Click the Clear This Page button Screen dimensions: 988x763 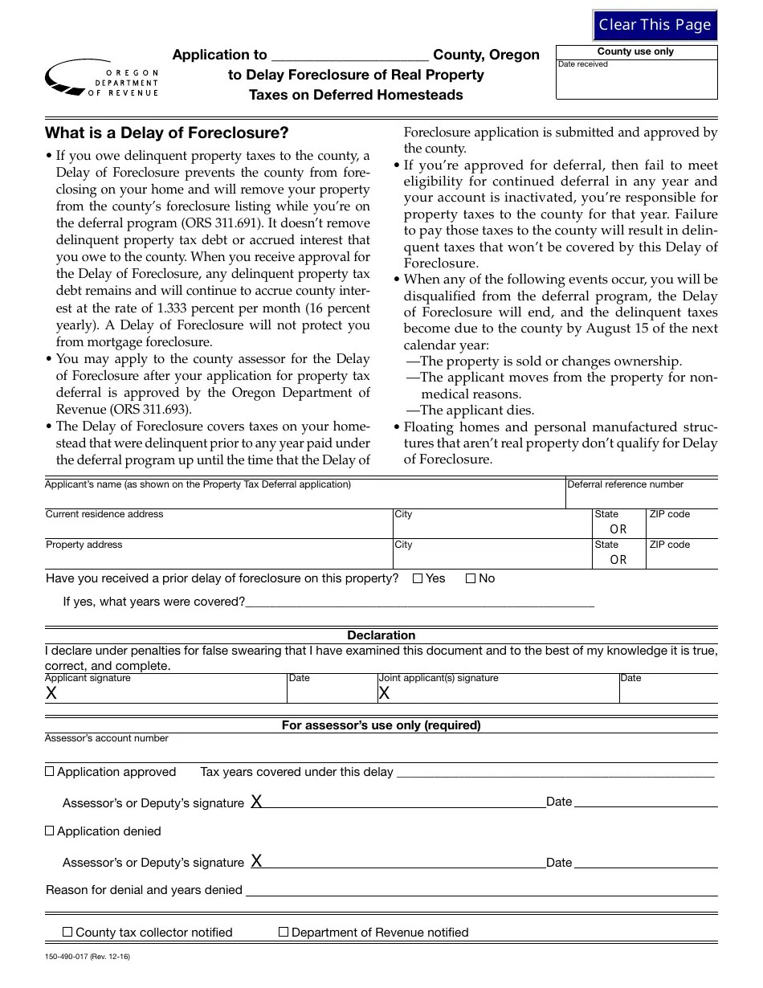click(x=655, y=25)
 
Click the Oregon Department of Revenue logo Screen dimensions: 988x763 click(x=102, y=79)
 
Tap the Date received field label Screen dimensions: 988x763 click(x=583, y=64)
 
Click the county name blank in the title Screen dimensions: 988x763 click(x=350, y=55)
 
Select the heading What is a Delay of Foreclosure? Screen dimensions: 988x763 click(x=166, y=133)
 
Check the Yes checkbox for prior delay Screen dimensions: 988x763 click(x=418, y=578)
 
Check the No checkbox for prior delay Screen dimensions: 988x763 click(x=471, y=578)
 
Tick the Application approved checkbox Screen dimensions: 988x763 click(x=50, y=771)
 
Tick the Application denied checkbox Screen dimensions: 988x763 click(x=50, y=831)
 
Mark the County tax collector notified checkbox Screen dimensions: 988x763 click(x=68, y=932)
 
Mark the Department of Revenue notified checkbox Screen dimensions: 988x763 click(x=284, y=932)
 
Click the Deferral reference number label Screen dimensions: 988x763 click(x=625, y=484)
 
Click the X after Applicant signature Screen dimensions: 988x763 click(x=51, y=693)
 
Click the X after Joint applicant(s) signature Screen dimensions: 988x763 click(x=384, y=693)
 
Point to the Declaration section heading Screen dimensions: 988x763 click(x=381, y=635)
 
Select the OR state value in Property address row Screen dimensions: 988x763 click(x=618, y=560)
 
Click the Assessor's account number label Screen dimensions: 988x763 click(x=107, y=738)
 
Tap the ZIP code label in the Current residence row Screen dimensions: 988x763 click(x=669, y=514)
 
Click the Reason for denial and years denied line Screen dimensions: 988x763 click(x=480, y=892)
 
